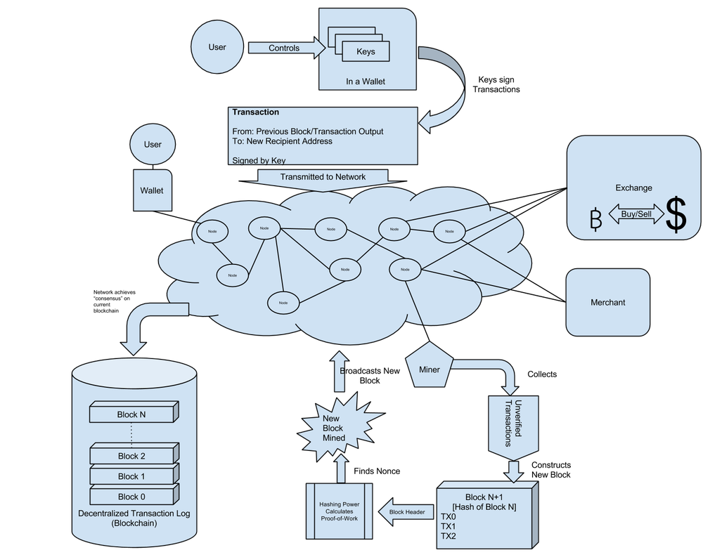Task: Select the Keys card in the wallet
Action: pos(366,51)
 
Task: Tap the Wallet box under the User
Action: pos(152,190)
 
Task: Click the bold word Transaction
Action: pos(255,112)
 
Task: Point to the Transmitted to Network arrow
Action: pos(323,178)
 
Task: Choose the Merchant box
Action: pos(608,302)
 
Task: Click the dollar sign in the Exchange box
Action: pos(676,216)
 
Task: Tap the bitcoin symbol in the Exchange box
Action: pos(596,220)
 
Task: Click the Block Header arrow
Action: pos(407,512)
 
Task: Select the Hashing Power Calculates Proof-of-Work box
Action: pos(340,510)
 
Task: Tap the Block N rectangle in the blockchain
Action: pos(131,414)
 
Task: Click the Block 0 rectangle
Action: pos(131,497)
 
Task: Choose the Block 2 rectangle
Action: pos(131,456)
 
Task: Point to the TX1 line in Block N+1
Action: pos(448,526)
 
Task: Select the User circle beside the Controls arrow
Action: pos(217,47)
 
